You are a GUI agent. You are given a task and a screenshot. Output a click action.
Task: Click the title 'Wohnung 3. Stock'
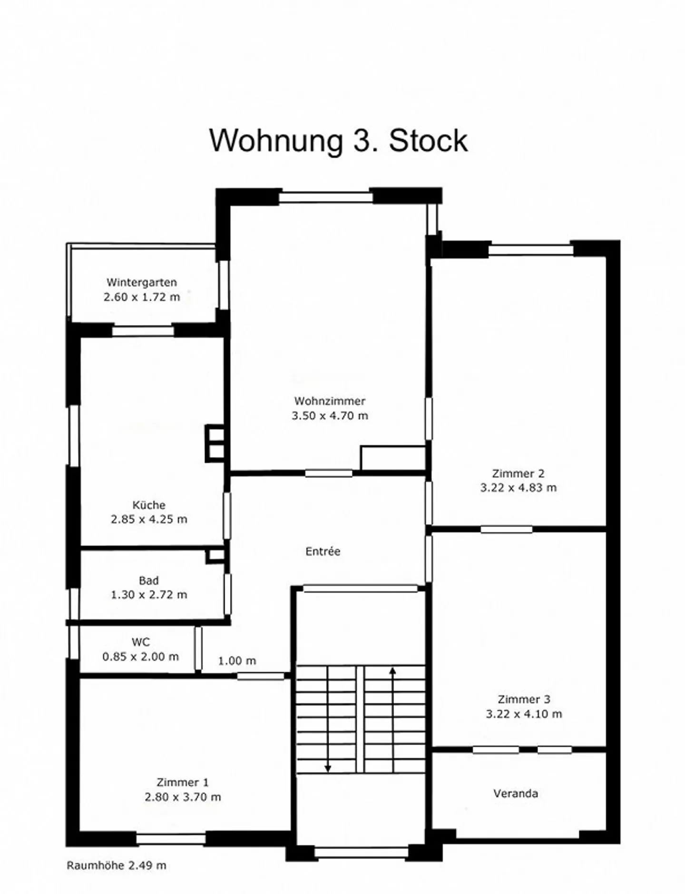pos(339,141)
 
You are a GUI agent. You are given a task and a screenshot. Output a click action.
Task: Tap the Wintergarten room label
pos(142,282)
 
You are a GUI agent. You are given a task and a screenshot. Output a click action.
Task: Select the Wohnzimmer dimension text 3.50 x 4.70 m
pos(330,416)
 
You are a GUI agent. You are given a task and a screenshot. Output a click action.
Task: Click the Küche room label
pos(149,505)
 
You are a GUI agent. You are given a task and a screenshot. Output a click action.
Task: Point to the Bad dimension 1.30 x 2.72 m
pos(149,595)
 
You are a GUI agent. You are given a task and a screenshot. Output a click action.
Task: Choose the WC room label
pos(141,642)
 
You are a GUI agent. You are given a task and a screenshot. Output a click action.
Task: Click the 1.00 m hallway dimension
pos(237,661)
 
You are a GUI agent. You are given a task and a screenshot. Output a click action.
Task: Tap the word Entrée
pos(323,551)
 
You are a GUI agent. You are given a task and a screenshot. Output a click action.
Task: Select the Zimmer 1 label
pos(183,782)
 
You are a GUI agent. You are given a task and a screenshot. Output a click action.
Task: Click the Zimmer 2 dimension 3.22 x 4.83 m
pos(518,488)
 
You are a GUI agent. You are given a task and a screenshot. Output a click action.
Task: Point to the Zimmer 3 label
pos(524,699)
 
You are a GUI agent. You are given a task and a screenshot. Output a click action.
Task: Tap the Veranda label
pos(516,793)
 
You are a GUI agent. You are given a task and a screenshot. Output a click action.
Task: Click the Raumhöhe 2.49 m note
pos(117,865)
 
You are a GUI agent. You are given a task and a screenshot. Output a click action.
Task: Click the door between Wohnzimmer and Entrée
pos(329,473)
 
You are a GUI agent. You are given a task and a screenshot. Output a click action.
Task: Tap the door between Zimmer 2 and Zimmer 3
pos(506,530)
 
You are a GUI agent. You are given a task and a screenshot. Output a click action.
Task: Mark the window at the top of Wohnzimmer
pos(326,197)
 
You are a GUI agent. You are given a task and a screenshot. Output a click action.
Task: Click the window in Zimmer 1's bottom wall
pos(171,839)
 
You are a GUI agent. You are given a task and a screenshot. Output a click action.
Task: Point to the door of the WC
pos(198,648)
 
